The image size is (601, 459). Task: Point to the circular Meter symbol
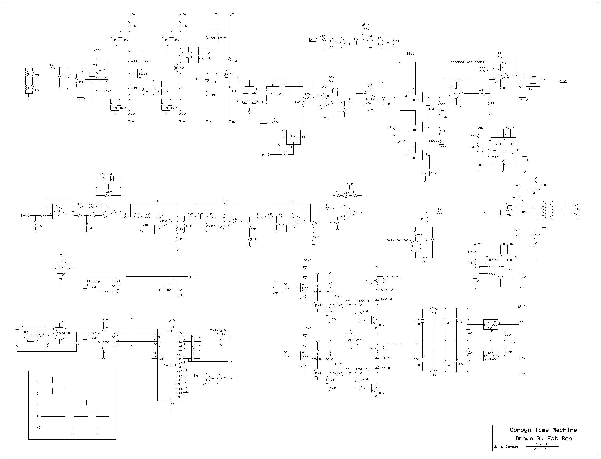(415, 246)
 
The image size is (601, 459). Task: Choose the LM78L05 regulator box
(491, 325)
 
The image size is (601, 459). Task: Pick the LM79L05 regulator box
(491, 356)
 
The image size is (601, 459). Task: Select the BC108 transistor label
(537, 190)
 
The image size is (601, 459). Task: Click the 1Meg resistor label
(40, 226)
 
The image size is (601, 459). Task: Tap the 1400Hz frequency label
(544, 228)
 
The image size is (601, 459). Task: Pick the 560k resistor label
(223, 39)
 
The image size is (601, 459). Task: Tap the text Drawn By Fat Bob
(543, 439)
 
